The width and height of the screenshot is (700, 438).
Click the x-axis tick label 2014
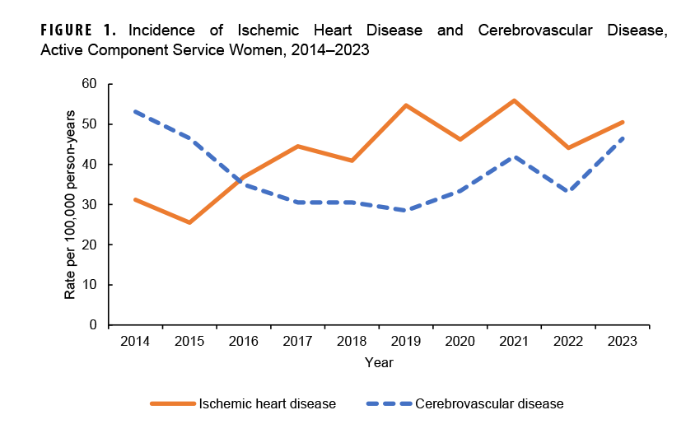(135, 341)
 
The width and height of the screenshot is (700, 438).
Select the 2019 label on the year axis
(406, 341)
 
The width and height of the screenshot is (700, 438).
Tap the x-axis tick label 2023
(623, 341)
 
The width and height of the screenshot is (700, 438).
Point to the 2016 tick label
(244, 341)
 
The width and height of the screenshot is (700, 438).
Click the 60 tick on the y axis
(89, 84)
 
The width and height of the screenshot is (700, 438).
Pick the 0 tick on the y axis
(93, 325)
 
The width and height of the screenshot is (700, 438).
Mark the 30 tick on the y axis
(89, 205)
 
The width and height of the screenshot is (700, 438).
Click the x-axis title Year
(379, 362)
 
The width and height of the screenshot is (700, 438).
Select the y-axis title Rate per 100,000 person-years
(71, 204)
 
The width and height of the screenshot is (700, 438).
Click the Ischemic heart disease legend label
(267, 403)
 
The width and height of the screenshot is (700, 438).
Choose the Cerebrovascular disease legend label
(489, 403)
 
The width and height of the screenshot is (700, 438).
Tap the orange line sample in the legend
(172, 403)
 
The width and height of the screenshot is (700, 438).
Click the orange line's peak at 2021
(515, 100)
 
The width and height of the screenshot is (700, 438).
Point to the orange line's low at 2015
(189, 222)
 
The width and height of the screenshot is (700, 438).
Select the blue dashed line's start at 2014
(135, 111)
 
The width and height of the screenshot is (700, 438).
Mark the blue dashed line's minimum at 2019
(406, 211)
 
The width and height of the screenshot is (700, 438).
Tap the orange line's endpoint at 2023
(623, 122)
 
